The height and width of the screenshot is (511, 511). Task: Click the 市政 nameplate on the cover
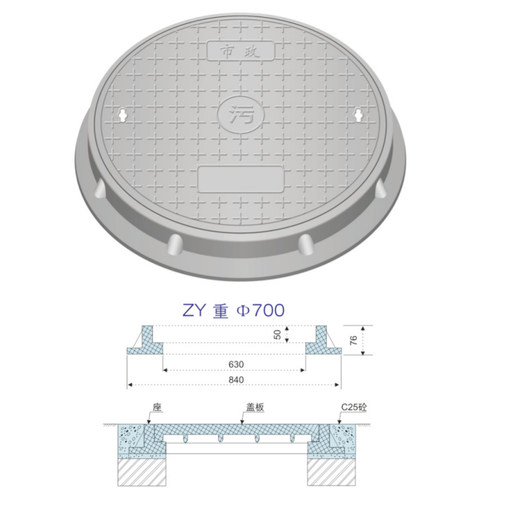241,51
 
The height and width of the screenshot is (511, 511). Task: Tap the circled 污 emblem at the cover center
241,114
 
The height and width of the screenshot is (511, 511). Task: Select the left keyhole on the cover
123,115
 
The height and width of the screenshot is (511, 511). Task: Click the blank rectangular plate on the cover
241,179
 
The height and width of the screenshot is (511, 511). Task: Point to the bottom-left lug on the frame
175,244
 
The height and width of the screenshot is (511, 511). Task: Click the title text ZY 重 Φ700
233,310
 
